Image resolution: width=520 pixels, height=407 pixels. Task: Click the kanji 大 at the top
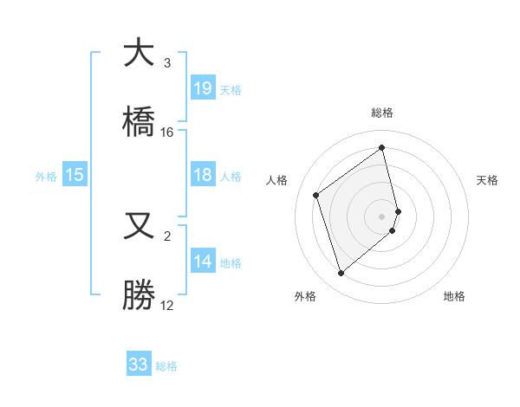pyautogui.click(x=139, y=54)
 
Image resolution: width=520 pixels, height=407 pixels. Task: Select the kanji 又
pyautogui.click(x=139, y=227)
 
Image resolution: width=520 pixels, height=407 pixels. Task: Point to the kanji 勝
pyautogui.click(x=139, y=294)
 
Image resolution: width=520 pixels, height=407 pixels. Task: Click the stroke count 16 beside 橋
pyautogui.click(x=167, y=132)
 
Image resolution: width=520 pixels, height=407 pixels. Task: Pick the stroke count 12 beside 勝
pyautogui.click(x=167, y=305)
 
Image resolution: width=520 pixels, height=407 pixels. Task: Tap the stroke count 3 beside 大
pyautogui.click(x=167, y=63)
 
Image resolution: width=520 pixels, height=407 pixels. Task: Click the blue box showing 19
pyautogui.click(x=203, y=88)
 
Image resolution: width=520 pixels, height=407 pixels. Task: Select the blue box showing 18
pyautogui.click(x=203, y=176)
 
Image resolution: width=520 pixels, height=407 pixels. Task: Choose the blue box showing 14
pyautogui.click(x=203, y=262)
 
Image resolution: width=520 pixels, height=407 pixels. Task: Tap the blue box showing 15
pyautogui.click(x=75, y=176)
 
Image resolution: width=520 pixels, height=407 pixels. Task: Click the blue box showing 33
pyautogui.click(x=139, y=365)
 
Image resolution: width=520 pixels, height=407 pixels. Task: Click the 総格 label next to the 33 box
pyautogui.click(x=166, y=366)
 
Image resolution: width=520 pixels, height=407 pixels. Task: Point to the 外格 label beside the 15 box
pyautogui.click(x=46, y=177)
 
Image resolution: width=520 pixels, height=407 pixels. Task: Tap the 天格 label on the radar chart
pyautogui.click(x=487, y=180)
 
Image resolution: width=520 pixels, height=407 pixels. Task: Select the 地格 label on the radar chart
pyautogui.click(x=454, y=297)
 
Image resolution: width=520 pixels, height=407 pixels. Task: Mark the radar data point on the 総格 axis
pyautogui.click(x=382, y=147)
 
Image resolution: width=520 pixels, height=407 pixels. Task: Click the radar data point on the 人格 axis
pyautogui.click(x=316, y=196)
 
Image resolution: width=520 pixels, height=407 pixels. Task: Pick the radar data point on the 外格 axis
pyautogui.click(x=341, y=274)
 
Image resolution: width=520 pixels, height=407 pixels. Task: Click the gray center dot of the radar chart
pyautogui.click(x=382, y=216)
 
